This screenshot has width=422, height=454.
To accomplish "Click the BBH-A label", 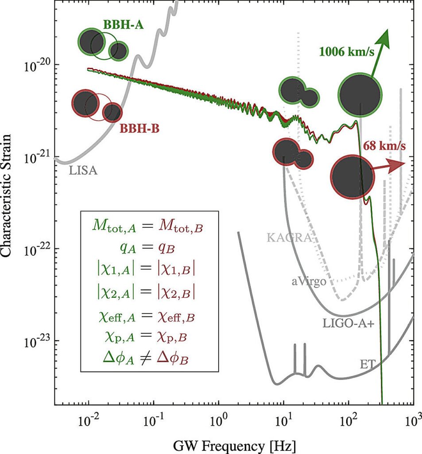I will tap(118, 24).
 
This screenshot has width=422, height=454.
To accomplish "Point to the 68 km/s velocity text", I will tap(384, 145).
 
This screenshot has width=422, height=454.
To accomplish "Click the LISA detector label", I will tap(83, 169).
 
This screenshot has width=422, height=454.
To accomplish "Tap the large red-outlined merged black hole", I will tap(352, 176).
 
